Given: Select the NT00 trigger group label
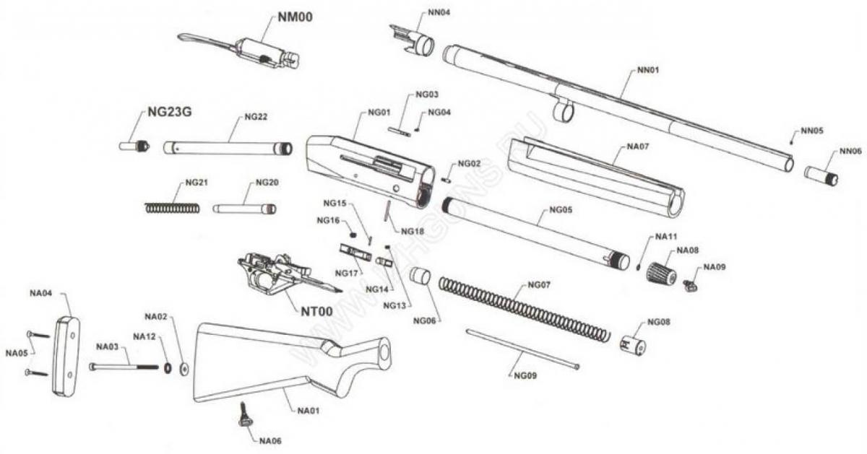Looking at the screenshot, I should (316, 313).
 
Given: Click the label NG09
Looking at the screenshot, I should (525, 375).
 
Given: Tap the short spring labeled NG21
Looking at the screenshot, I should (172, 208).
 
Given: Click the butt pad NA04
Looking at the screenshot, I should (66, 355).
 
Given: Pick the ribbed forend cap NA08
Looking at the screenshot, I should (661, 274).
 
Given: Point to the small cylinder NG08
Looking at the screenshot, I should (634, 345).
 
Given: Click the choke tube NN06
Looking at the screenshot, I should (821, 175).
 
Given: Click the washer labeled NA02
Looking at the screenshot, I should (183, 369).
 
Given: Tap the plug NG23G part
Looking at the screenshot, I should (134, 147).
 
